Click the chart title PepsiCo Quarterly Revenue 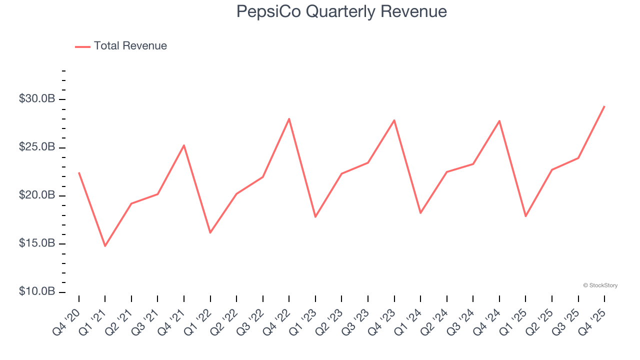[x=341, y=11]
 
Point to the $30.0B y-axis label [x=37, y=99]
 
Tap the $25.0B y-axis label [x=37, y=147]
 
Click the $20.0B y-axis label [x=37, y=195]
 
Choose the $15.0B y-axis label [x=37, y=243]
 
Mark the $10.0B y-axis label [x=37, y=291]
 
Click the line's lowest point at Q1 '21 [x=105, y=246]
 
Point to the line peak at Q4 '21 [x=184, y=145]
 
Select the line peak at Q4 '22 [x=289, y=119]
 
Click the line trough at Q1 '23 [x=315, y=217]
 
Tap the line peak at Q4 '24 [x=499, y=121]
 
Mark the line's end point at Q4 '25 [x=604, y=106]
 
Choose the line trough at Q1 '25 [x=525, y=216]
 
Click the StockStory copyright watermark [x=600, y=285]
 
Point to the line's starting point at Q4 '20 [x=79, y=172]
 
